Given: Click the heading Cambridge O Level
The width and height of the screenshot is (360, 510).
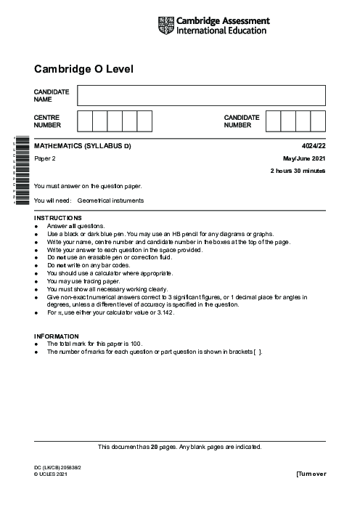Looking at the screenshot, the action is [83, 69].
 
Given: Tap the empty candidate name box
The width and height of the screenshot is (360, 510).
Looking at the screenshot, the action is [201, 96].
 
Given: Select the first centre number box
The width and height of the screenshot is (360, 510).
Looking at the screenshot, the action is [84, 121].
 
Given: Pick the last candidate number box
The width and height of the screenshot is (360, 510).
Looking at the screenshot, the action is [318, 121].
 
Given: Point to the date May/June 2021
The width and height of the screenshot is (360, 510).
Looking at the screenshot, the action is [304, 158].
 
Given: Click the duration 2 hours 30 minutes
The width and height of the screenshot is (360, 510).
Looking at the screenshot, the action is [298, 171].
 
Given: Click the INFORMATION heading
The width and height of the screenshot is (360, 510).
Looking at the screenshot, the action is [57, 336].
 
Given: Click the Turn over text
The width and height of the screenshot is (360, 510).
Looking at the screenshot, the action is [311, 474].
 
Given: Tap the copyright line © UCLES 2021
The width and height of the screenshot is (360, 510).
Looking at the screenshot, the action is [55, 474].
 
